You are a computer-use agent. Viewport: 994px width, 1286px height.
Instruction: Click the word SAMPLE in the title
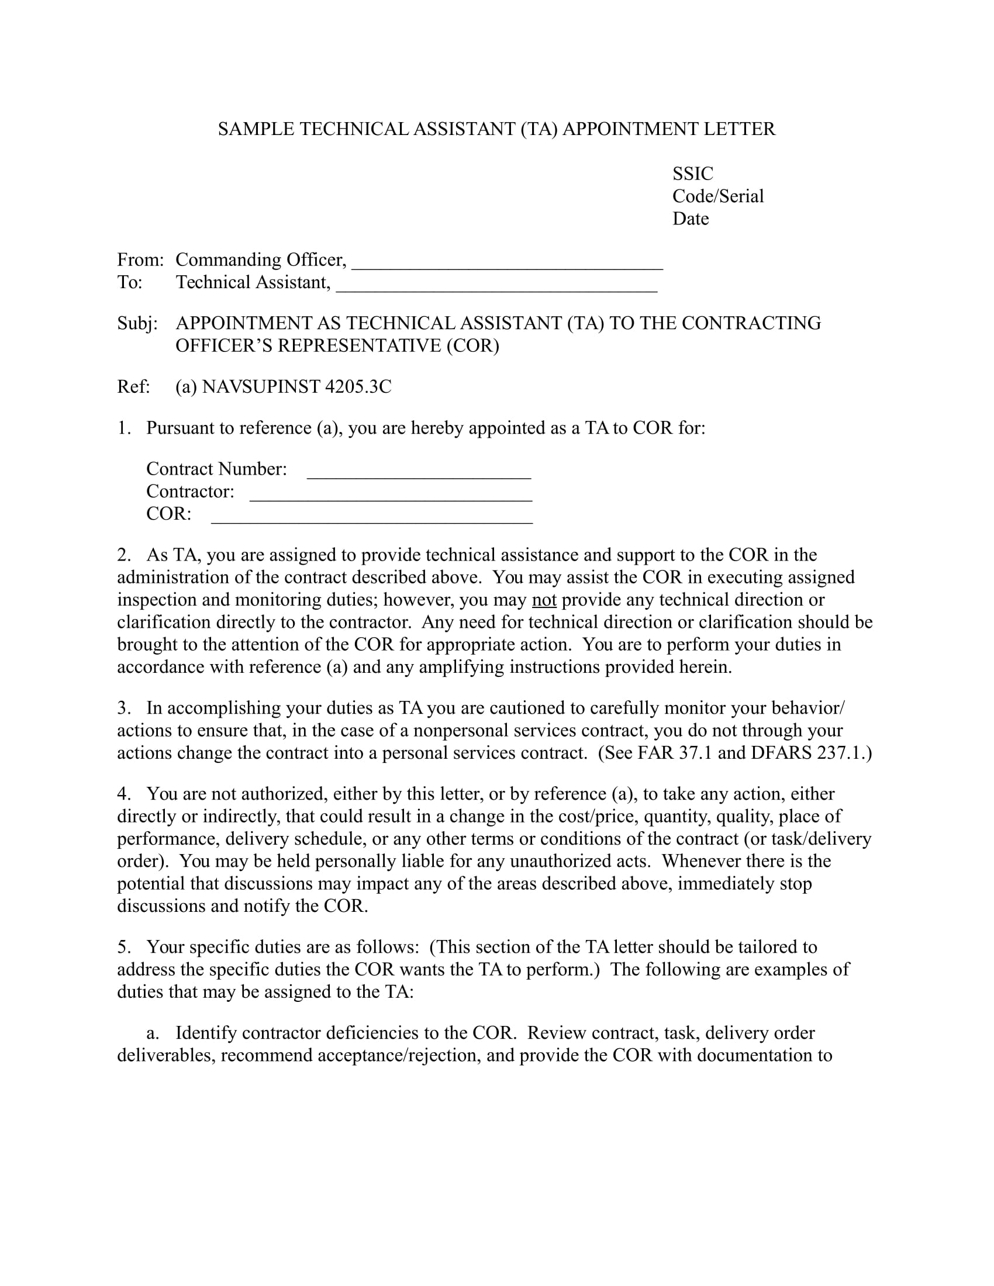click(x=256, y=129)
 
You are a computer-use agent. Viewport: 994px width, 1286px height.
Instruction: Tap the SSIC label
click(x=692, y=174)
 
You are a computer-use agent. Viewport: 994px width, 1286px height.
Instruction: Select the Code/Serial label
click(x=718, y=196)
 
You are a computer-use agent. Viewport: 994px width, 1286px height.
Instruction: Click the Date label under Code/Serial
click(x=690, y=219)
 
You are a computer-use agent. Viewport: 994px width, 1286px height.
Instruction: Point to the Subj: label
click(x=137, y=323)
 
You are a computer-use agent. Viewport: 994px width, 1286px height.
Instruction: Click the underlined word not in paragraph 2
click(x=544, y=600)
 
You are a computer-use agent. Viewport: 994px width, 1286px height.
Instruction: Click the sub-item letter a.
click(x=152, y=1033)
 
